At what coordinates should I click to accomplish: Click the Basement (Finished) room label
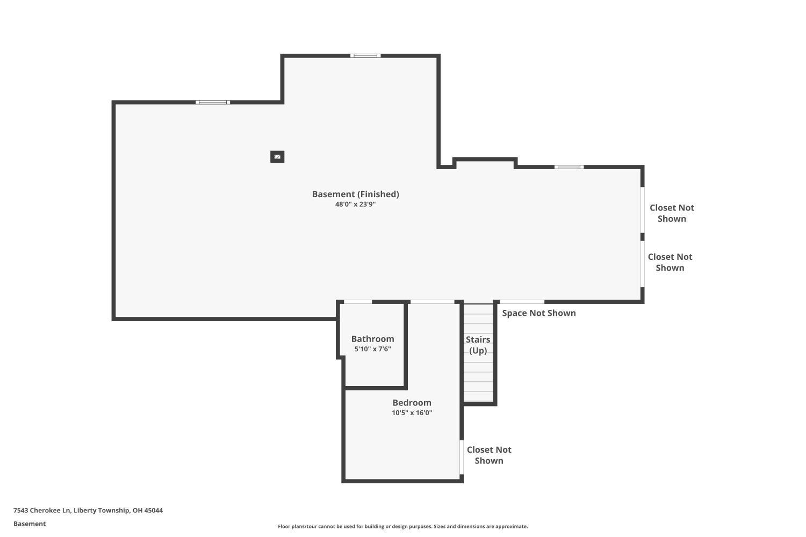pyautogui.click(x=356, y=194)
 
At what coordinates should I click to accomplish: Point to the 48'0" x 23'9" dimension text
pyautogui.click(x=356, y=204)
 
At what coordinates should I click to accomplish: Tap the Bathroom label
pyautogui.click(x=373, y=339)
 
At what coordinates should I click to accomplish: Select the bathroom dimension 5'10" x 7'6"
pyautogui.click(x=373, y=349)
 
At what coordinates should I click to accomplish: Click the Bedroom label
pyautogui.click(x=412, y=402)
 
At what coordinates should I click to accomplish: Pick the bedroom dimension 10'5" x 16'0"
pyautogui.click(x=412, y=412)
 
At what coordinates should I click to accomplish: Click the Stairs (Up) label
pyautogui.click(x=478, y=345)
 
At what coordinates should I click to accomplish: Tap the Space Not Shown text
pyautogui.click(x=539, y=313)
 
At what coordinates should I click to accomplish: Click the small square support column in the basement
pyautogui.click(x=277, y=157)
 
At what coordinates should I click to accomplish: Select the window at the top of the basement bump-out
pyautogui.click(x=365, y=56)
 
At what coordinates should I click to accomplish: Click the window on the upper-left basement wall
pyautogui.click(x=213, y=103)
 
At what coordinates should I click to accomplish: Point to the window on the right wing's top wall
pyautogui.click(x=569, y=167)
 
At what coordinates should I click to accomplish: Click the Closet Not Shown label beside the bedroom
pyautogui.click(x=489, y=455)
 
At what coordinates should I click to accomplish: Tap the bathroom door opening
pyautogui.click(x=358, y=302)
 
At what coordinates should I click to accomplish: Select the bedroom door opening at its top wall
pyautogui.click(x=433, y=302)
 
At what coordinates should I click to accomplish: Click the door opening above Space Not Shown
pyautogui.click(x=522, y=302)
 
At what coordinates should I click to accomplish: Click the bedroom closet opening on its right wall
pyautogui.click(x=462, y=457)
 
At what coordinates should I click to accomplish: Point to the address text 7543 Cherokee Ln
pyautogui.click(x=42, y=510)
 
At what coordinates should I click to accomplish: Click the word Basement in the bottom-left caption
pyautogui.click(x=30, y=524)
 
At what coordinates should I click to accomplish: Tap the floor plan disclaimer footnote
pyautogui.click(x=403, y=526)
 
